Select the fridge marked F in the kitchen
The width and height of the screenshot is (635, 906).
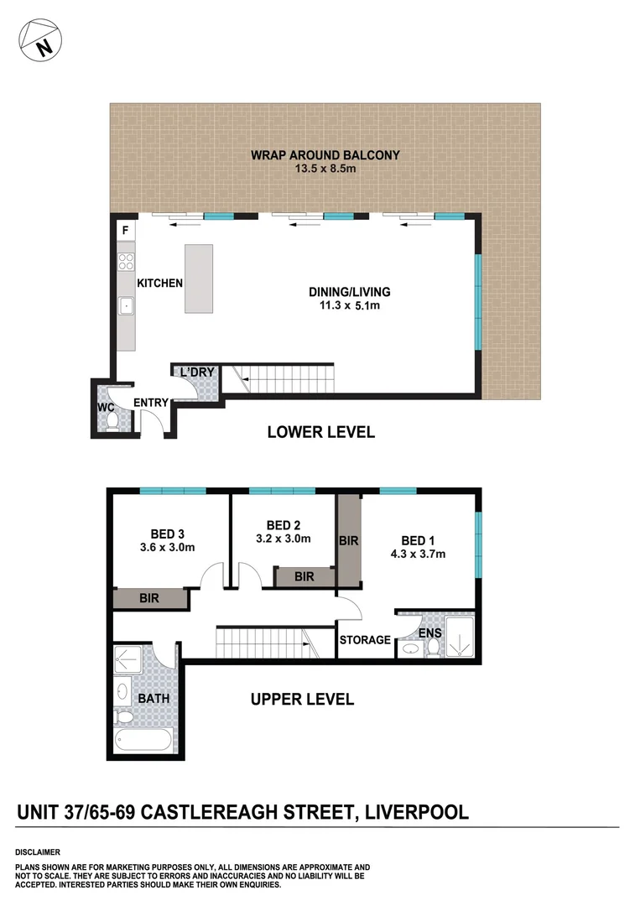tap(126, 230)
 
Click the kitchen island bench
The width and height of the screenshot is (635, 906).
tap(199, 279)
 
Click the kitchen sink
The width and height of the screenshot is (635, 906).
tap(127, 307)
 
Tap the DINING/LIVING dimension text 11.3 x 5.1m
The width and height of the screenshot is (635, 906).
tap(350, 306)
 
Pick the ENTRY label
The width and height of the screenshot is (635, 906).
tap(151, 403)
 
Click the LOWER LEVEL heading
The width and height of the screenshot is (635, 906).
tap(320, 432)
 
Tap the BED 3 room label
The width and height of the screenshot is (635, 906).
tap(168, 534)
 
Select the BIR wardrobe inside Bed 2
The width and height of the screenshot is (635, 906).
tap(304, 576)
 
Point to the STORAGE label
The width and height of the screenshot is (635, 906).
tap(365, 640)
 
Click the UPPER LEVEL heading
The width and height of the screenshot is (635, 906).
tap(302, 699)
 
